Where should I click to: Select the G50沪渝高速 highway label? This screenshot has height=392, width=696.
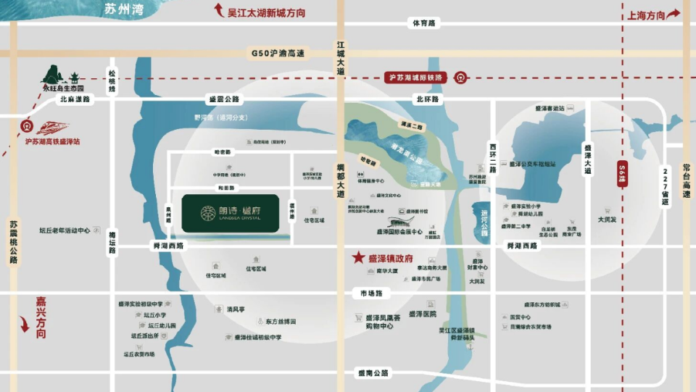(x=278, y=54)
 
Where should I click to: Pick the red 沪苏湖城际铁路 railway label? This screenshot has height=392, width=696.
(x=418, y=77)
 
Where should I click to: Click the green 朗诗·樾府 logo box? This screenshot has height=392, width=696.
(x=230, y=213)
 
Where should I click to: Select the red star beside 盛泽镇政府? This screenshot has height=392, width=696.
(x=357, y=257)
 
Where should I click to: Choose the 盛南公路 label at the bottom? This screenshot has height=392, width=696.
(x=373, y=373)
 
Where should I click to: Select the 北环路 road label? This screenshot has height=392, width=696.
(x=428, y=99)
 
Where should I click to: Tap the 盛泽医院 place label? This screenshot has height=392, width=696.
(x=422, y=314)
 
